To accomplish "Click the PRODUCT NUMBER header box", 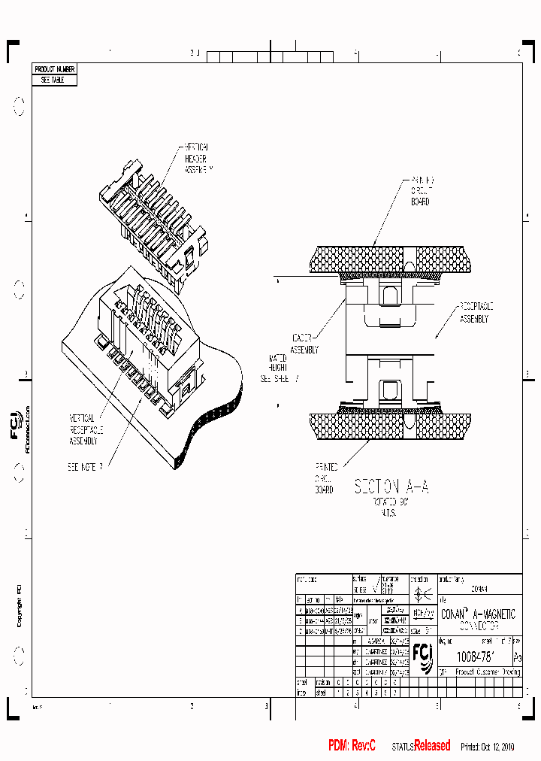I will pyautogui.click(x=55, y=69).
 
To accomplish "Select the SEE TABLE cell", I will pyautogui.click(x=55, y=80).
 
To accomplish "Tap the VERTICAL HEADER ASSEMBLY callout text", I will pyautogui.click(x=198, y=159).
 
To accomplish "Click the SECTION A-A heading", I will pyautogui.click(x=391, y=487).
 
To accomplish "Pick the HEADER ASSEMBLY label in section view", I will pyautogui.click(x=305, y=344).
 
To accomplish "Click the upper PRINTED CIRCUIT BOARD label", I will pyautogui.click(x=422, y=191).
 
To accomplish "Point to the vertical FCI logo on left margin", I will pyautogui.click(x=17, y=423).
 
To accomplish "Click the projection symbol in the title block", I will pyautogui.click(x=419, y=593).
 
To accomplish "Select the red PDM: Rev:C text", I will pyautogui.click(x=352, y=745).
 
